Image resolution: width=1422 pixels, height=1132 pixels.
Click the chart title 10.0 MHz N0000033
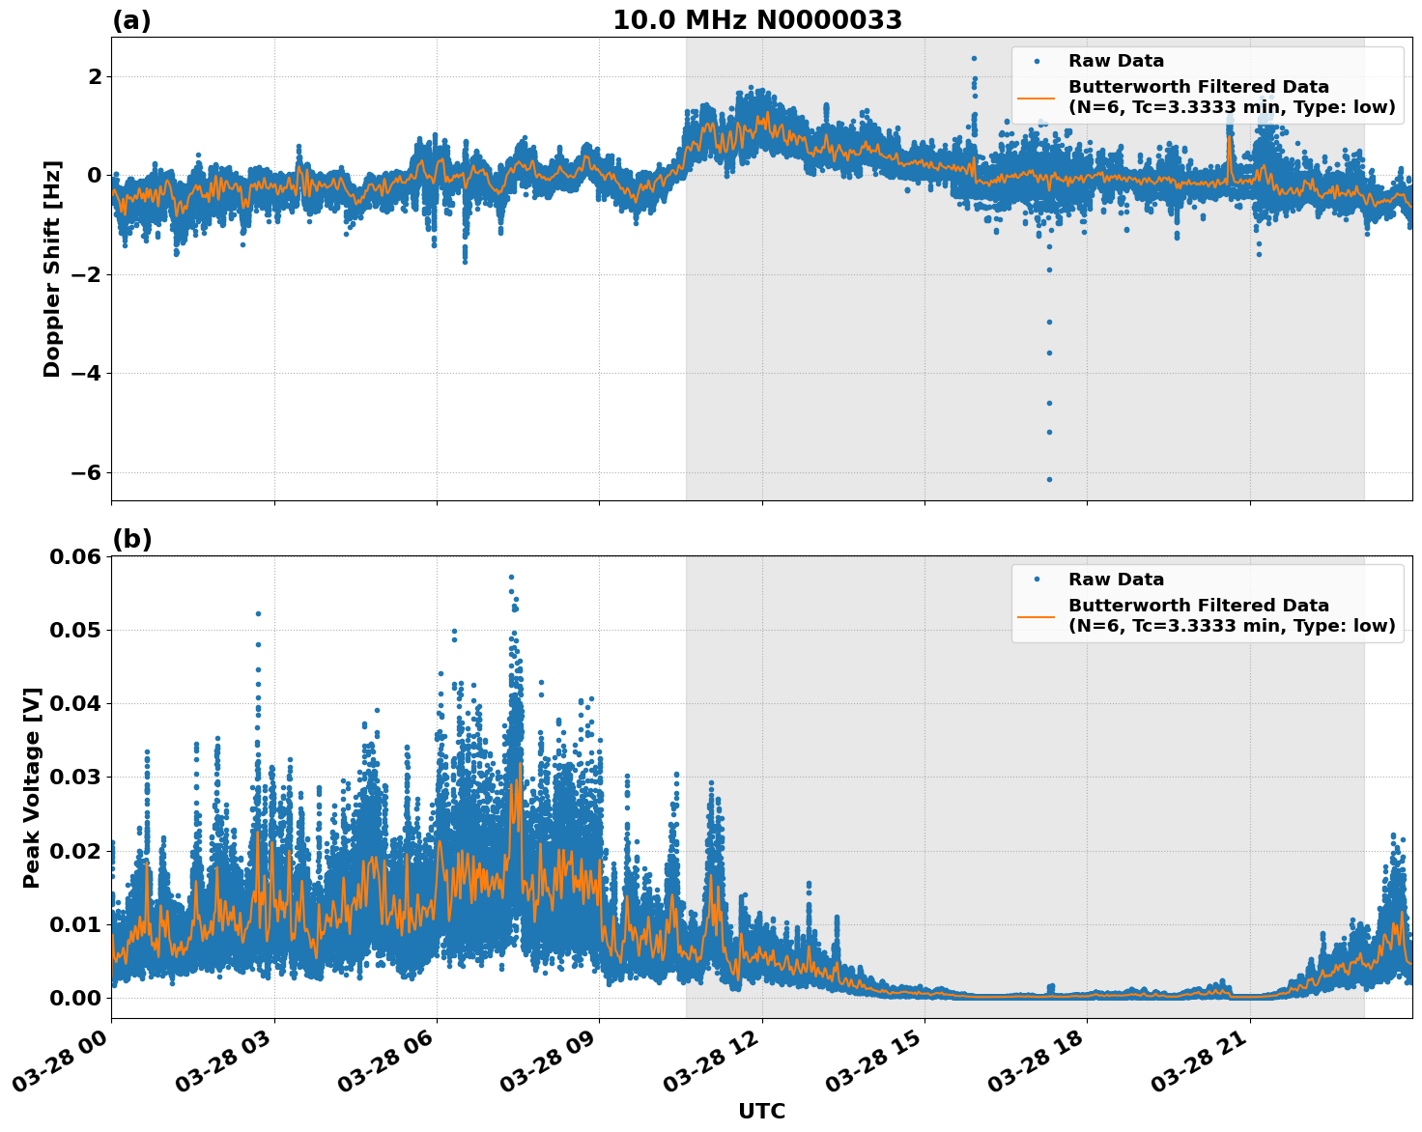pyautogui.click(x=756, y=20)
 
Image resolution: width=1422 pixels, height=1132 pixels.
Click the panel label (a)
pyautogui.click(x=131, y=20)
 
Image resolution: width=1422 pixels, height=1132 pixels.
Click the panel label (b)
pyautogui.click(x=131, y=539)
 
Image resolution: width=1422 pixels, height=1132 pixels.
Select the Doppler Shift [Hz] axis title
pyautogui.click(x=52, y=269)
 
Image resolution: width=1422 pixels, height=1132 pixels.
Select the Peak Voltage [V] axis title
pyautogui.click(x=32, y=787)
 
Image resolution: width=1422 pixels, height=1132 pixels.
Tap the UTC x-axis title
pyautogui.click(x=761, y=1111)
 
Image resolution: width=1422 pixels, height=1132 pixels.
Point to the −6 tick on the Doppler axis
pyautogui.click(x=86, y=472)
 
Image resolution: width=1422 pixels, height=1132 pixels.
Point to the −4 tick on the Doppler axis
pyautogui.click(x=86, y=373)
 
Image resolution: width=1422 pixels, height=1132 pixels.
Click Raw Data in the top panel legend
pyautogui.click(x=1116, y=61)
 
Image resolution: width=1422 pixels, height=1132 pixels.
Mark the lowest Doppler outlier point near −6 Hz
pyautogui.click(x=1049, y=479)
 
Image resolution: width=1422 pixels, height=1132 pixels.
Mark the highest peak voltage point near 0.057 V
pyautogui.click(x=511, y=577)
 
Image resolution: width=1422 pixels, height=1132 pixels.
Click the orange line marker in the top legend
pyautogui.click(x=1037, y=97)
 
